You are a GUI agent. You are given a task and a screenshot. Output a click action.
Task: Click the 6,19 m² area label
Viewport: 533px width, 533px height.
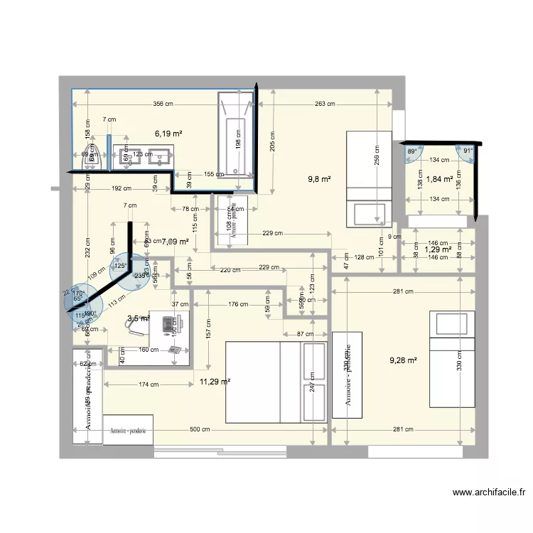(168, 133)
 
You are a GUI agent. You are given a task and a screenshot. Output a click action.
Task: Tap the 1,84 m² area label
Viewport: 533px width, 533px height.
(439, 179)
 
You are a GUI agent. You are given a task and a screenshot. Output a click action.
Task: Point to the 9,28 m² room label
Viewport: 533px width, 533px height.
(403, 360)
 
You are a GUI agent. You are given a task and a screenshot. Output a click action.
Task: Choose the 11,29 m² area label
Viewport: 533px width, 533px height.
(215, 382)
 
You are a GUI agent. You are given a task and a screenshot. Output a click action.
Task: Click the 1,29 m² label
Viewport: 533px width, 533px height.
(438, 249)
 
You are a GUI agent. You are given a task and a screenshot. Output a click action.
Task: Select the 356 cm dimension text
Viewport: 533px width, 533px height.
(163, 104)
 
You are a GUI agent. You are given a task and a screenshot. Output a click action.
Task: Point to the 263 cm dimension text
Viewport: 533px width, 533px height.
(325, 104)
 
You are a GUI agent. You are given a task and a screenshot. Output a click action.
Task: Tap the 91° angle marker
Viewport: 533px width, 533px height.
(468, 151)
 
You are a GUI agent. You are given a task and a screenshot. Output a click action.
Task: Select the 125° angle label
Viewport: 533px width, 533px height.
(120, 266)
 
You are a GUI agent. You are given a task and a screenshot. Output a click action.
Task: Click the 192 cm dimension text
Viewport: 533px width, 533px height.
(122, 189)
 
